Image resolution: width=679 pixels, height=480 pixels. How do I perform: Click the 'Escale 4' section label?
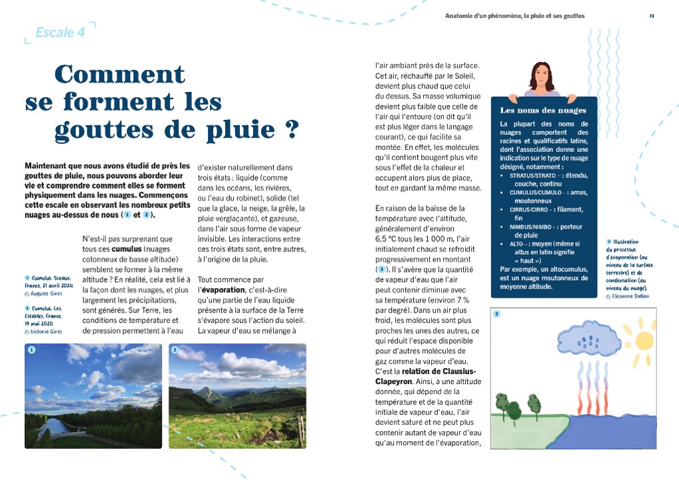(60, 33)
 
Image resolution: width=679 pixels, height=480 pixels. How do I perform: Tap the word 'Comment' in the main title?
(120, 74)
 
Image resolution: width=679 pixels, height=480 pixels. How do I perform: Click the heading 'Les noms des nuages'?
(543, 110)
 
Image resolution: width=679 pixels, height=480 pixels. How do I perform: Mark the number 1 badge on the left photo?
(31, 349)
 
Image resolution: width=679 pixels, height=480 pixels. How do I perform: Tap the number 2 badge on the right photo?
(175, 349)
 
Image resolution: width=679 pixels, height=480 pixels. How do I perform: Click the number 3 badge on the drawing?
(496, 313)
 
